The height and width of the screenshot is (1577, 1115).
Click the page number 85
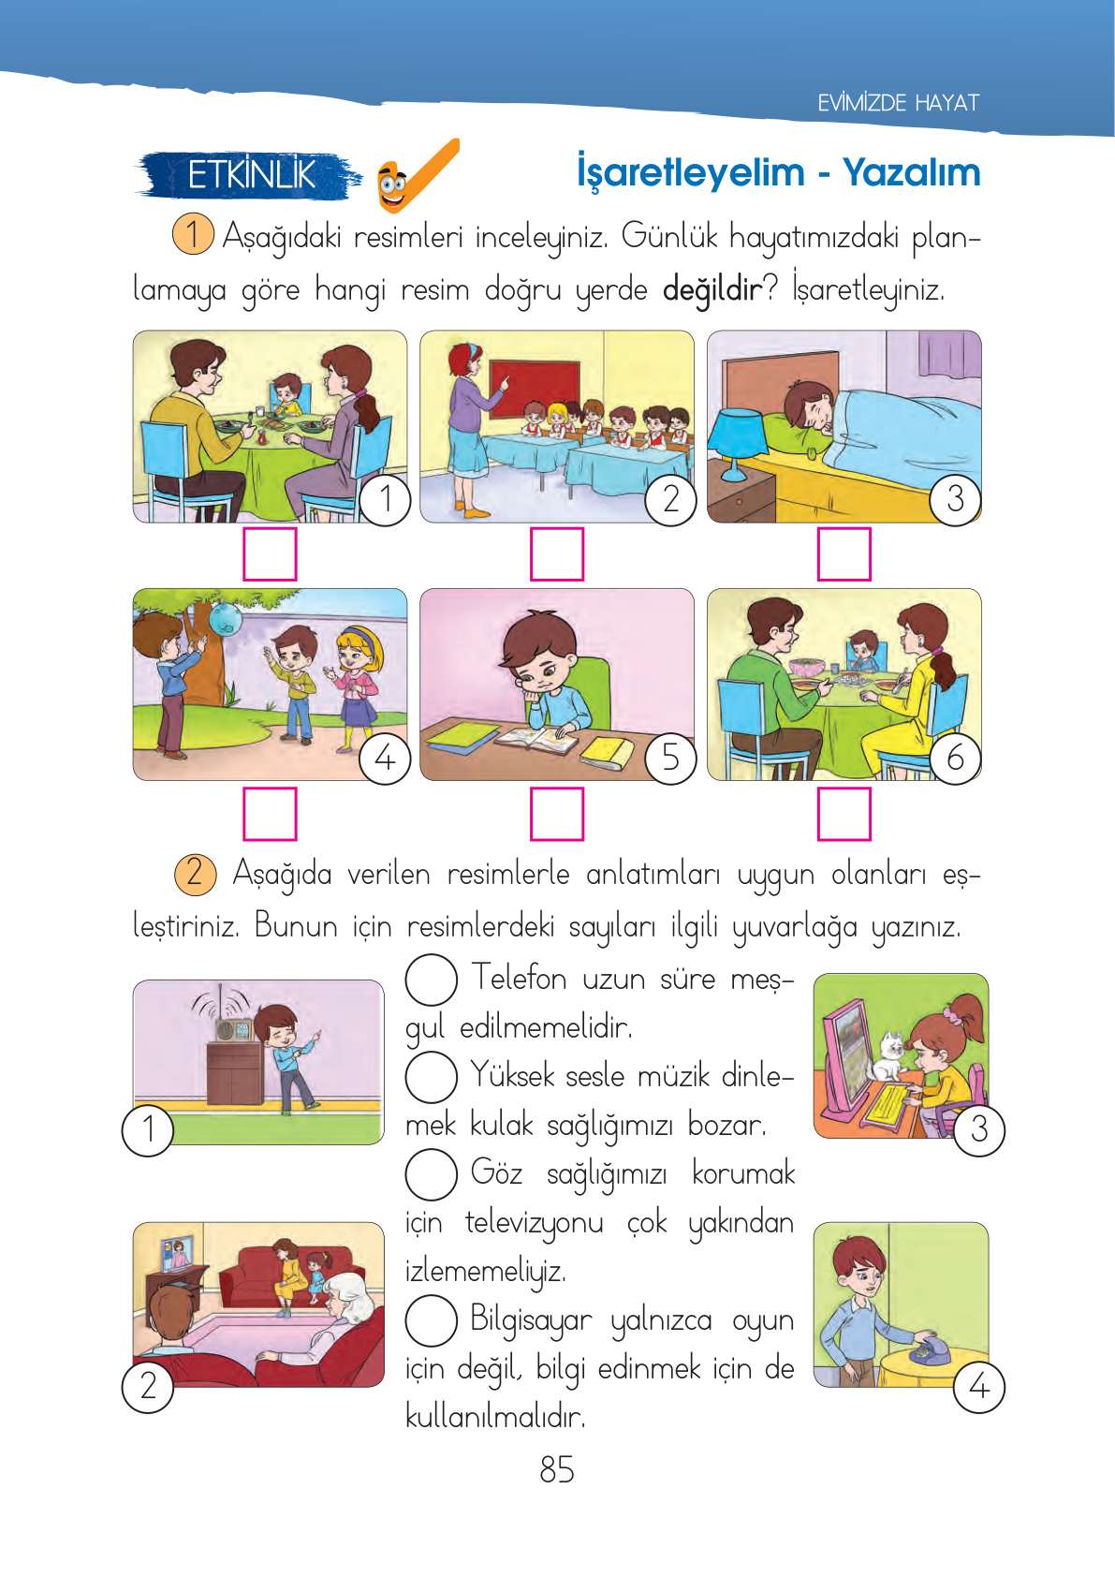coord(556,1469)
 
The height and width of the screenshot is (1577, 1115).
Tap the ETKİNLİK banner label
coord(251,175)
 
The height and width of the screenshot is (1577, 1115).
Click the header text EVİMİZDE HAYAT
coord(898,103)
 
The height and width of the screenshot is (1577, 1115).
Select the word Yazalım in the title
coord(911,172)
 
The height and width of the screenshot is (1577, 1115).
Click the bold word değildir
coord(712,288)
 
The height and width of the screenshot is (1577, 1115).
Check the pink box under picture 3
coord(844,553)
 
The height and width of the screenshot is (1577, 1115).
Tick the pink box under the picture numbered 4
coord(270,813)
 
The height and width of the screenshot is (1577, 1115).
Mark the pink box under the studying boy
coord(557,813)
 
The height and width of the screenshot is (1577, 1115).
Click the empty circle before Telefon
coord(431,979)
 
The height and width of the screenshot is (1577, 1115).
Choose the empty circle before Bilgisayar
coord(431,1319)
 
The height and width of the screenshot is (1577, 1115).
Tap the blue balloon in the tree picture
coord(227,617)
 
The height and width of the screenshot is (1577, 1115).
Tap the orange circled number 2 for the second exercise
coord(195,873)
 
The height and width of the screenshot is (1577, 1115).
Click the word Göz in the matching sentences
coord(496,1172)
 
